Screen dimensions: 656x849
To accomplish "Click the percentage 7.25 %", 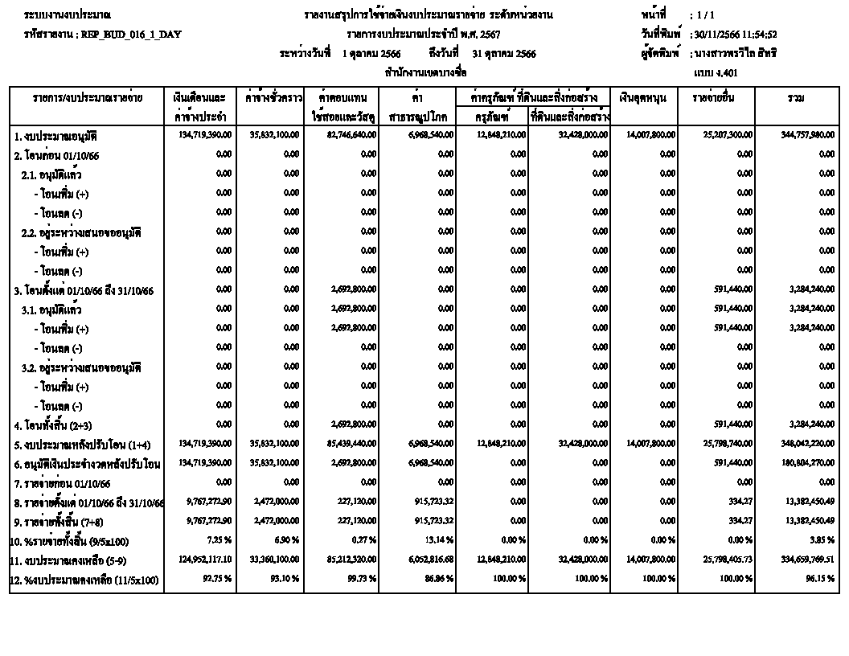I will click(219, 541).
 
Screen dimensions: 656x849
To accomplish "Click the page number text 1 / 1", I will click(705, 15).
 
